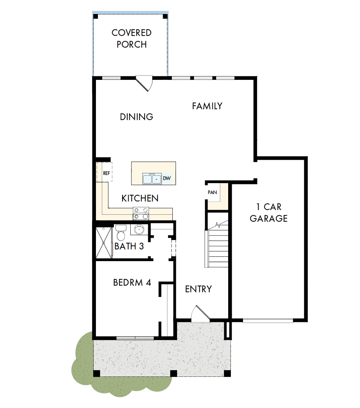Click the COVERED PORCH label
pyautogui.click(x=131, y=39)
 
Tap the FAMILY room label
pyautogui.click(x=207, y=106)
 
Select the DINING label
pyautogui.click(x=137, y=117)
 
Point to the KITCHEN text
pyautogui.click(x=140, y=198)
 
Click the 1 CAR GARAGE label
pyautogui.click(x=269, y=212)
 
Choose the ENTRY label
pyautogui.click(x=198, y=289)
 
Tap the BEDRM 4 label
pyautogui.click(x=132, y=283)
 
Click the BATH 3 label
pyautogui.click(x=131, y=246)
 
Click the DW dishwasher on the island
pyautogui.click(x=167, y=179)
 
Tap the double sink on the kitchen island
pyautogui.click(x=152, y=179)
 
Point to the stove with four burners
pyautogui.click(x=141, y=213)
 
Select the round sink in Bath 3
pyautogui.click(x=138, y=230)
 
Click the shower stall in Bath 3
pyautogui.click(x=104, y=242)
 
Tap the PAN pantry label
pyautogui.click(x=212, y=193)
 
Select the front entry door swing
pyautogui.click(x=200, y=314)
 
